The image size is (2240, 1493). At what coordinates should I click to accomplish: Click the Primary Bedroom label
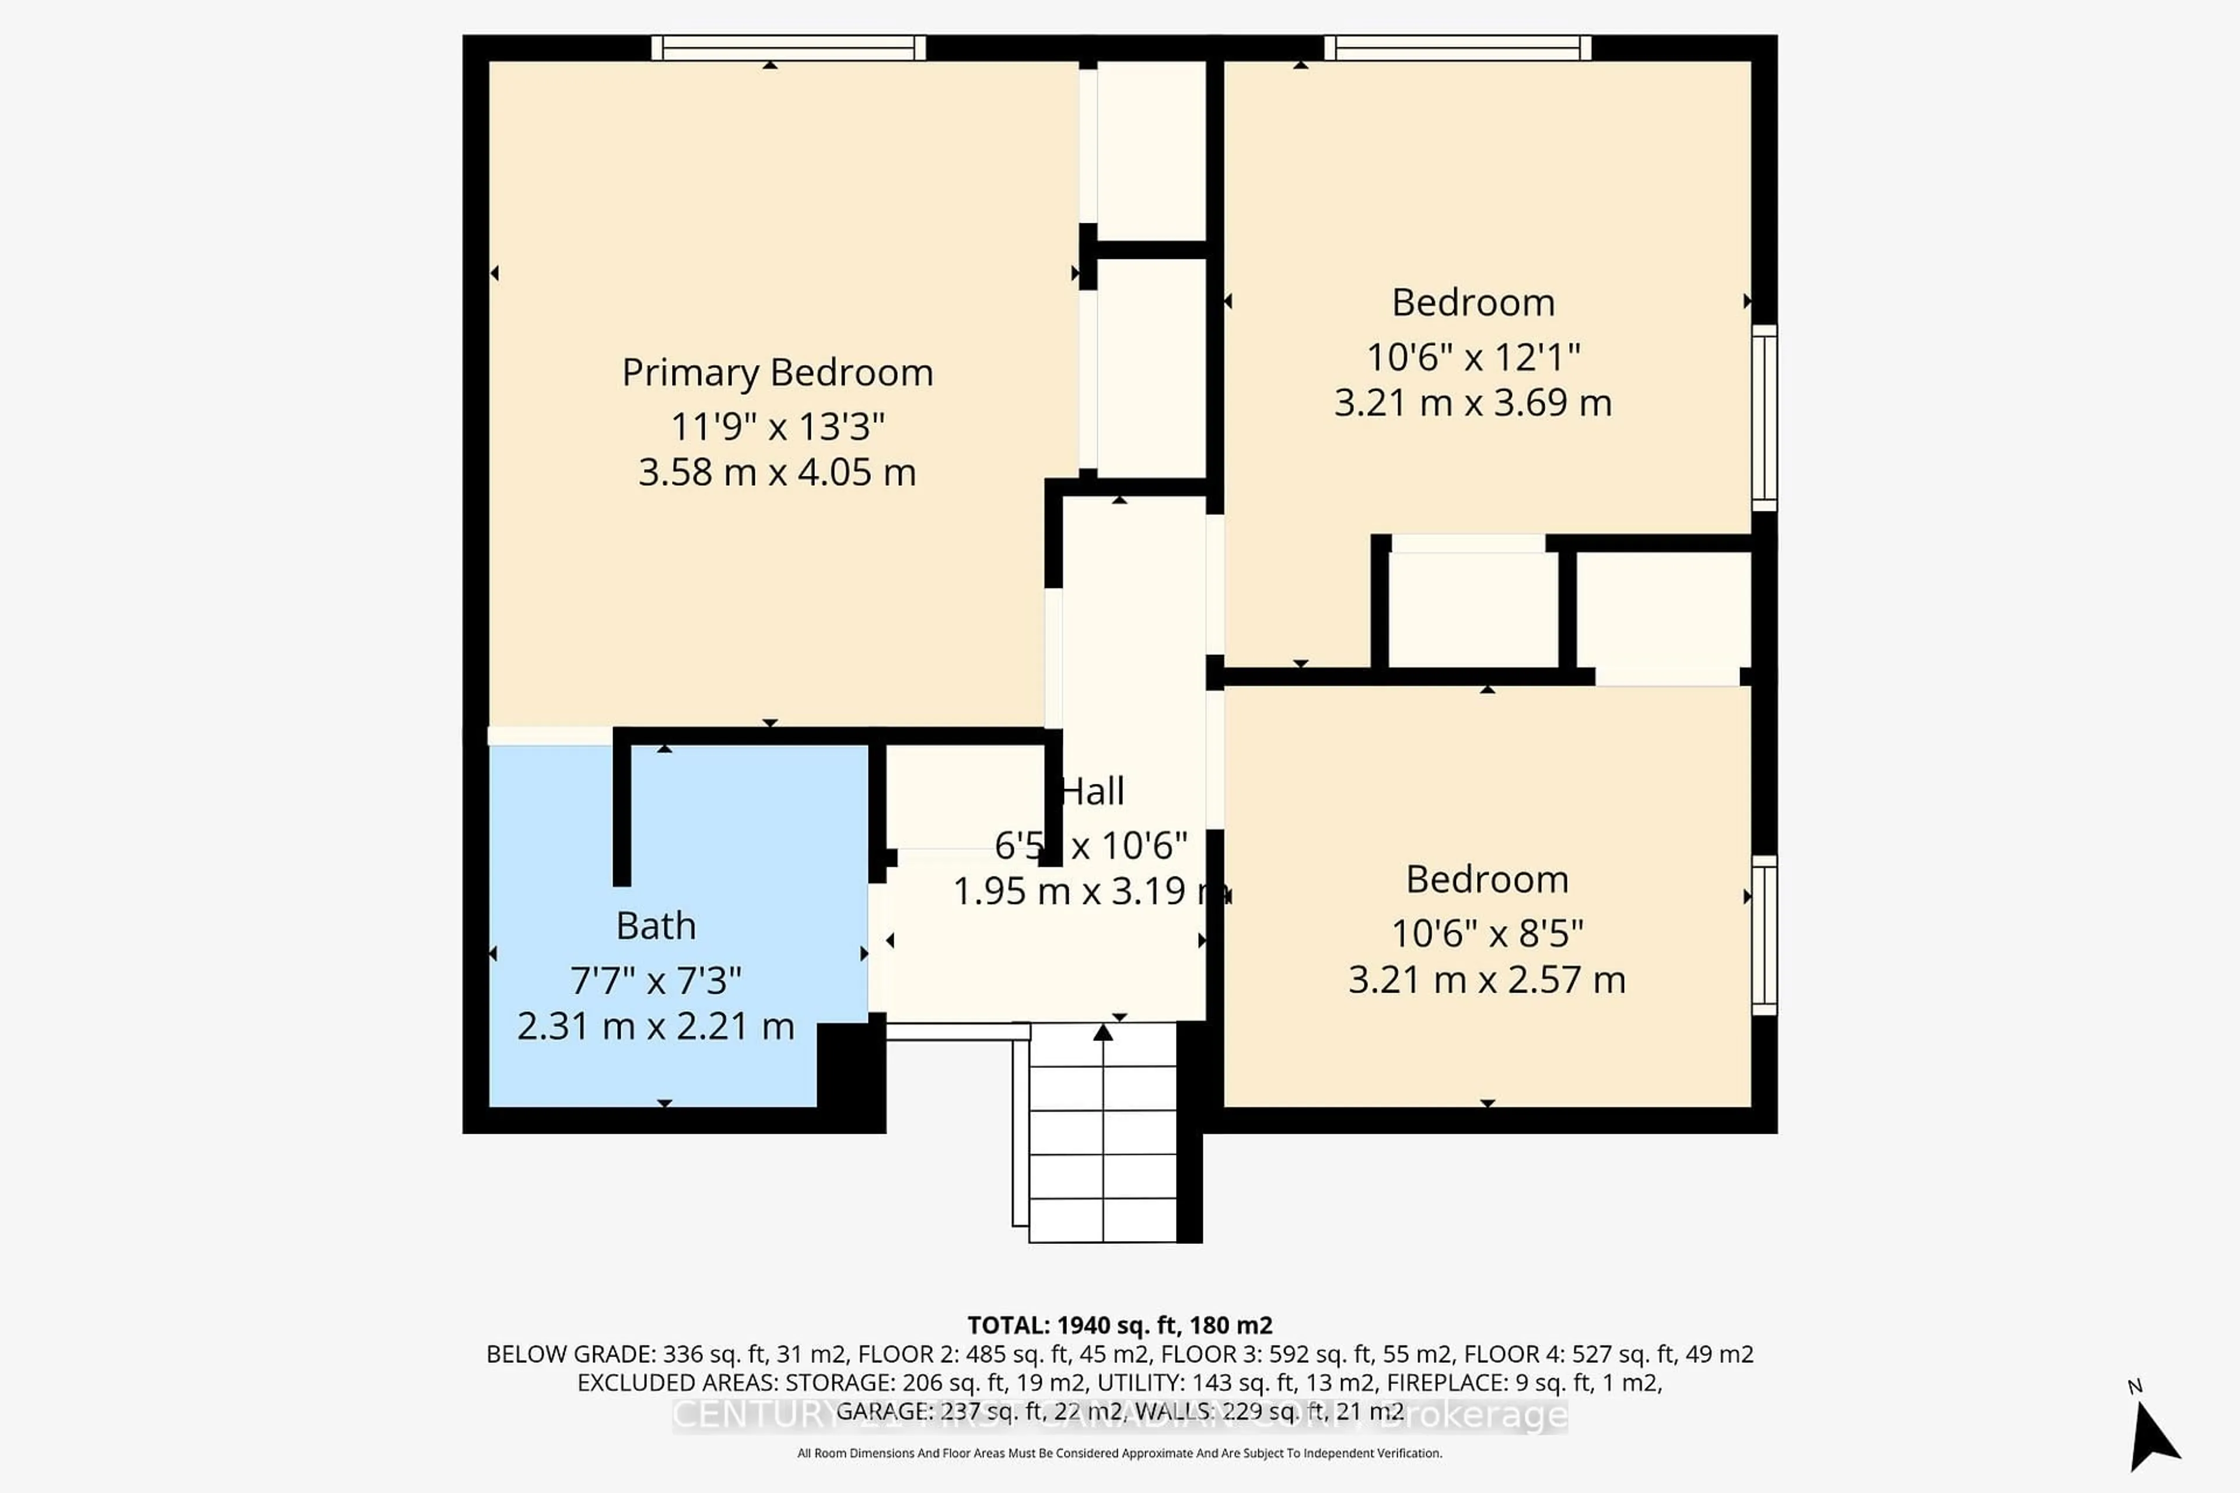tap(777, 372)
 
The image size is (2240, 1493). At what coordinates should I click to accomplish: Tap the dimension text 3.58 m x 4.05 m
tap(777, 472)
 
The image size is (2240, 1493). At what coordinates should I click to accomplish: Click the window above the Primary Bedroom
tap(789, 48)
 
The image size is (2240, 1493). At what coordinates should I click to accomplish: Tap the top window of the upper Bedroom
tap(1457, 48)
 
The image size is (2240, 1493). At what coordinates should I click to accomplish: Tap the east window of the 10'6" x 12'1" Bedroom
tap(1764, 417)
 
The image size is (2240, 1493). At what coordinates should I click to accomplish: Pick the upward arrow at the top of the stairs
tap(1103, 1033)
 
